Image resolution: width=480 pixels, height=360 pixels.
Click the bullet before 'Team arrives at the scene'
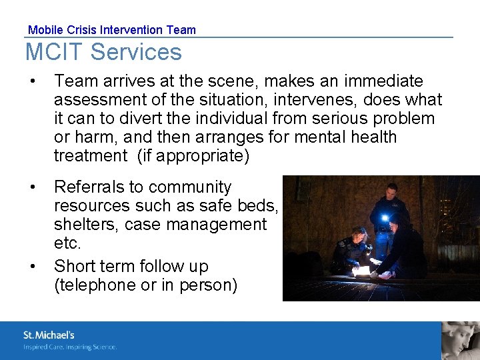pyautogui.click(x=32, y=82)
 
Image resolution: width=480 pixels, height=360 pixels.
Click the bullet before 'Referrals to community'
pyautogui.click(x=32, y=187)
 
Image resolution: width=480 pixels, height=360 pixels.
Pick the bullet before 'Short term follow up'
pyautogui.click(x=32, y=267)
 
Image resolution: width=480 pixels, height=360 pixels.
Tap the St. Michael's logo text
pyautogui.click(x=49, y=335)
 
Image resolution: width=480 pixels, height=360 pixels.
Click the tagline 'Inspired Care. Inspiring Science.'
pyautogui.click(x=70, y=347)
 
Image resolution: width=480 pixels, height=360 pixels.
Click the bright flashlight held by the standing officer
pyautogui.click(x=385, y=217)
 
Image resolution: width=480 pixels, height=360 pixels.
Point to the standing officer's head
pyautogui.click(x=392, y=190)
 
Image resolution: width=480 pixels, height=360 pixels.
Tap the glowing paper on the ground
pyautogui.click(x=363, y=271)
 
